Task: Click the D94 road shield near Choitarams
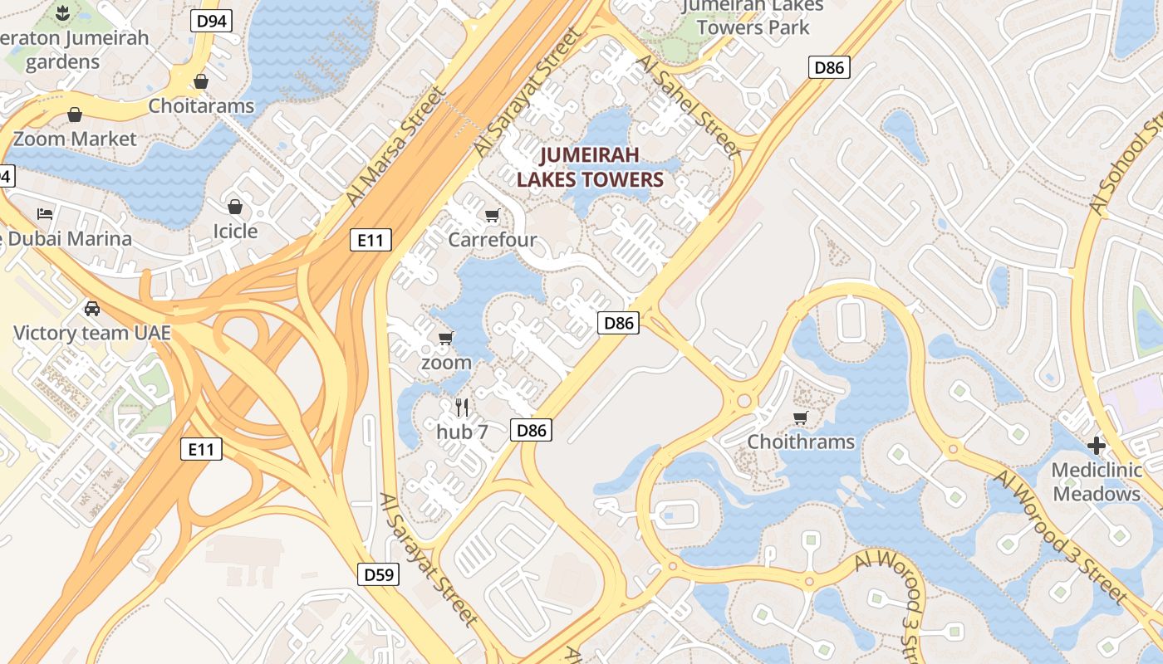coord(211,21)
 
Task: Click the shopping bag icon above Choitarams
coord(200,81)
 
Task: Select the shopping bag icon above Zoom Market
coord(75,115)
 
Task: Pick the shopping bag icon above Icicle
coord(235,206)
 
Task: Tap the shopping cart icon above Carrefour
coord(492,216)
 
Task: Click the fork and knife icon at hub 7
coord(462,407)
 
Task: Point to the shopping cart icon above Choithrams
coord(800,417)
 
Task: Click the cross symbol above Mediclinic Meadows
coord(1097,446)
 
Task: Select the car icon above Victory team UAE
coord(91,309)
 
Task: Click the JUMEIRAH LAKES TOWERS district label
coord(590,167)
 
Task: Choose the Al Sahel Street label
coord(687,105)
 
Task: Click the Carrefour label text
coord(492,240)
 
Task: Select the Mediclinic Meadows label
coord(1096,482)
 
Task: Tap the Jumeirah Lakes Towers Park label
coord(753,17)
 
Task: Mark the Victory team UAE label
coord(91,334)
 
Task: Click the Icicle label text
coord(235,231)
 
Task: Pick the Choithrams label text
coord(800,442)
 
